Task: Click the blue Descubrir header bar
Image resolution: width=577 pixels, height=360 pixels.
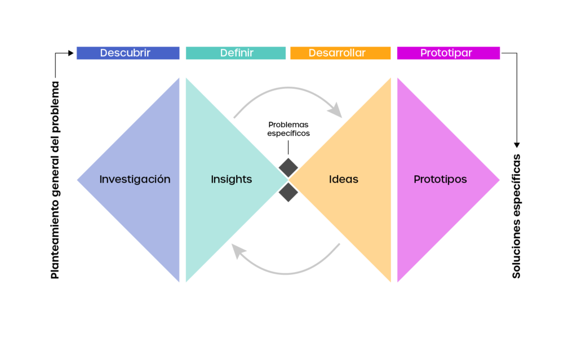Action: coord(128,53)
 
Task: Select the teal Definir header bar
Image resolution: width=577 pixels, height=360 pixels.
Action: coord(236,53)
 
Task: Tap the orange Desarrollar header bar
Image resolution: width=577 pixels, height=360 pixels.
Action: coord(340,53)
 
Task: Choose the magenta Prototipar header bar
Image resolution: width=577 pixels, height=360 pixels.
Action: coord(448,53)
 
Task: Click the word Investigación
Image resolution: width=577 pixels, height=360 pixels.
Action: coord(135,180)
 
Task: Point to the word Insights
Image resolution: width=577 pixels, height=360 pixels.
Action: coord(231,180)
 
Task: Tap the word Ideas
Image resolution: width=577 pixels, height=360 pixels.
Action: coord(343,180)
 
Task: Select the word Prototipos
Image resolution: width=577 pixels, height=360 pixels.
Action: coord(440,180)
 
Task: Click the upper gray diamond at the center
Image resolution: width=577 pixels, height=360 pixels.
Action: coord(288,167)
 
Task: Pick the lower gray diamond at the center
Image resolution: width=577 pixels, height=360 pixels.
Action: coord(288,192)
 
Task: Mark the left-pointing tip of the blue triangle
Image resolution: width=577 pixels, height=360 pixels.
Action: coord(78,180)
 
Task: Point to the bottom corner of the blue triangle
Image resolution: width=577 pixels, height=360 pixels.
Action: coord(178,281)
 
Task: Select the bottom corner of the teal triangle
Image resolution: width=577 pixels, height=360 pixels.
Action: coord(187,281)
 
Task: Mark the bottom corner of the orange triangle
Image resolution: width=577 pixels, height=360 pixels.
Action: coord(389,281)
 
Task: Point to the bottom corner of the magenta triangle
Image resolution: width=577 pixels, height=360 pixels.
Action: coord(398,281)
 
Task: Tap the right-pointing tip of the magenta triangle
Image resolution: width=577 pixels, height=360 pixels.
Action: coord(499,180)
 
